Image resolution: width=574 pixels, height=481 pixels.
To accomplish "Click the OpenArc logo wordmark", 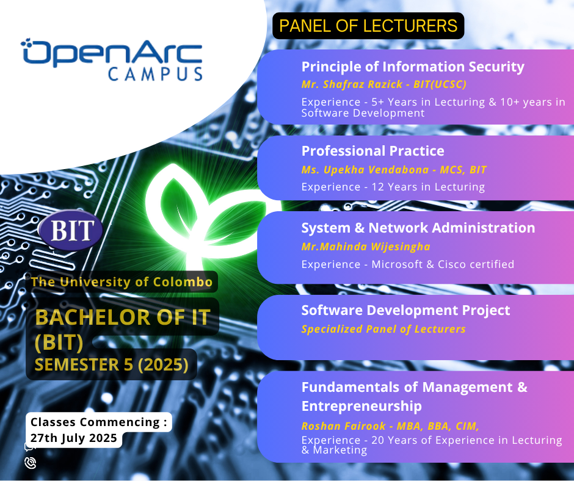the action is tap(112, 52).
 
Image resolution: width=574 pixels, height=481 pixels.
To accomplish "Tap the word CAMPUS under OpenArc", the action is tap(155, 74).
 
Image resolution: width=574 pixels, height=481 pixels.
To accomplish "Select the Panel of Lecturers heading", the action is tap(368, 26).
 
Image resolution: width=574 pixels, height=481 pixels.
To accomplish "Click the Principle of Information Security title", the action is tap(413, 67).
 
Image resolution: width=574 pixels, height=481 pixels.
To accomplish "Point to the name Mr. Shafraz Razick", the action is tap(352, 84).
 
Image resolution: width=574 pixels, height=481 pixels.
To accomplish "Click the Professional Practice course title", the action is tap(372, 151).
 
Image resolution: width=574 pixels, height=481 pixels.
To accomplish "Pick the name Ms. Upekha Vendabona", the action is tap(365, 170).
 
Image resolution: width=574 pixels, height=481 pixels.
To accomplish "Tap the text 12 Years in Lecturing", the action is tap(428, 187).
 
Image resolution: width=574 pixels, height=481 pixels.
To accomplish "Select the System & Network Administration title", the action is tap(418, 228).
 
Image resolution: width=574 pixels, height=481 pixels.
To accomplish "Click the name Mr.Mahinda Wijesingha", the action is tap(366, 247).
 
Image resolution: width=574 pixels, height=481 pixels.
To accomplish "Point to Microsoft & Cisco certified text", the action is tap(443, 264).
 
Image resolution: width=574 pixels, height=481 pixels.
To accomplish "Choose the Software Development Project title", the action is tap(405, 311).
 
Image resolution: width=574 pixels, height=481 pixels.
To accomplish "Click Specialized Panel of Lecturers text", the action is tap(383, 329).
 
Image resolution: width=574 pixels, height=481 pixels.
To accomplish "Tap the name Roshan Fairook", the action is tap(343, 426).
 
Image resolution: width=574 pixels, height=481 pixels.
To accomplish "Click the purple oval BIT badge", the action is tap(71, 230).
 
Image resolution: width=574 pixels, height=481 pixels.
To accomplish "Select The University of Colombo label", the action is tap(122, 282).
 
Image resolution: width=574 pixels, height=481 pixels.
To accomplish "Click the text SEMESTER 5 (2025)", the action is tap(111, 364).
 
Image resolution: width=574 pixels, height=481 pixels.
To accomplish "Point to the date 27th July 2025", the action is tap(73, 438).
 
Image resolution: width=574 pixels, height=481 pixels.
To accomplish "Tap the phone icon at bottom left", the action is tap(31, 463).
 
